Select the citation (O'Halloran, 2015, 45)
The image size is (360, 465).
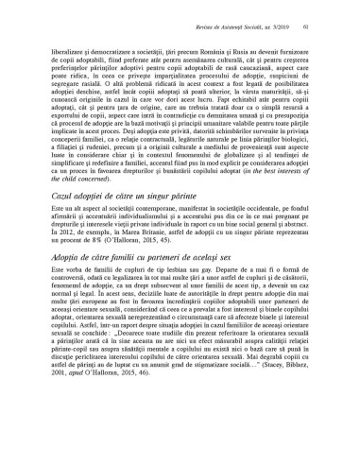146,267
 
